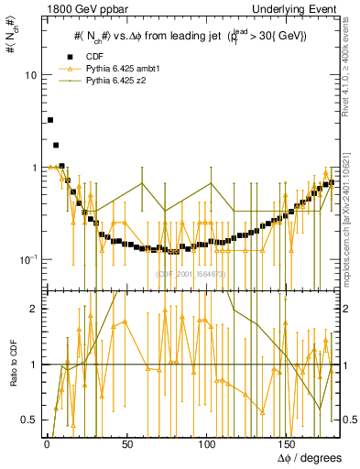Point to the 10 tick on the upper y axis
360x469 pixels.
click(x=30, y=74)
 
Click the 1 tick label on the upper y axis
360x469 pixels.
click(x=33, y=168)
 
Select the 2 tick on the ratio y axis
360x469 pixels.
click(x=33, y=310)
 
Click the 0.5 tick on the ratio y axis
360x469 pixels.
click(x=28, y=420)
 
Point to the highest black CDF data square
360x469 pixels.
click(x=50, y=120)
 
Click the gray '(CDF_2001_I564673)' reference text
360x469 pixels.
click(x=191, y=273)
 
